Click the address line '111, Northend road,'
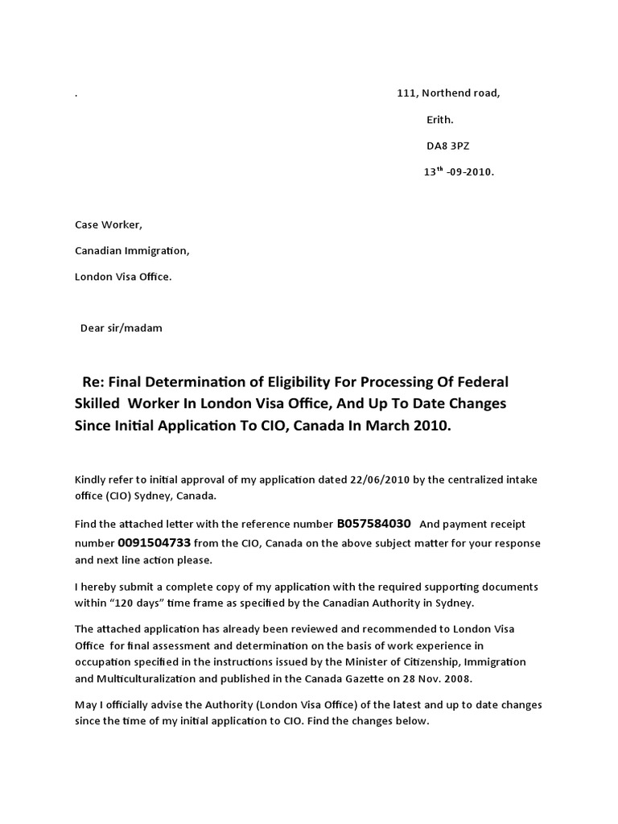click(x=448, y=93)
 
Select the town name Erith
click(x=439, y=120)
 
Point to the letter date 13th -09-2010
click(x=459, y=172)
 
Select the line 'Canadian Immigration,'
click(x=132, y=251)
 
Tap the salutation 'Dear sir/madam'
click(x=122, y=328)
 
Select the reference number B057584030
click(x=373, y=525)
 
